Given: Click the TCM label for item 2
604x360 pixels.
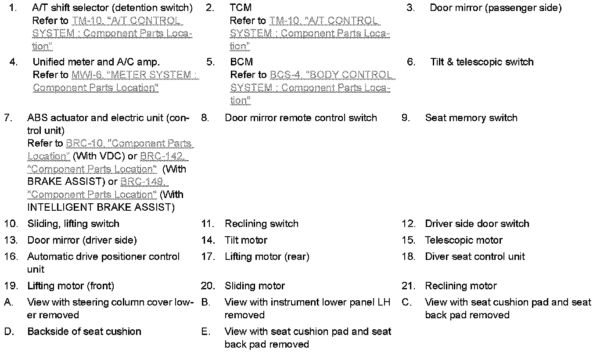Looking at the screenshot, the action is [241, 8].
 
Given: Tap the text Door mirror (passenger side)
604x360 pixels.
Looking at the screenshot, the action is [495, 8].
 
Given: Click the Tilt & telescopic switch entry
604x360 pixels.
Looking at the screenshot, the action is [482, 62].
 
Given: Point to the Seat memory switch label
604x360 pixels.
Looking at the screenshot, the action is [471, 118].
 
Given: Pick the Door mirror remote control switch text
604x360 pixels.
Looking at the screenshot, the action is [301, 118].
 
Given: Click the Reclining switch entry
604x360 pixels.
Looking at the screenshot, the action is [261, 223].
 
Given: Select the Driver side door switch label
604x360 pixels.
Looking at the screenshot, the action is [477, 223].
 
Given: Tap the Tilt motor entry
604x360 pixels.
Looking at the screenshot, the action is [245, 240].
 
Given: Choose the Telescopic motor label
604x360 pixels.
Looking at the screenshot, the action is [464, 240].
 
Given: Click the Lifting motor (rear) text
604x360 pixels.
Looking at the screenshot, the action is [267, 256].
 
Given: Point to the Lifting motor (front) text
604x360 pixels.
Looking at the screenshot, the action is [70, 286].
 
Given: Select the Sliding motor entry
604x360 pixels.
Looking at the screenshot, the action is [255, 286].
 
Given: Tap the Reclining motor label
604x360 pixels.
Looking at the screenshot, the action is [460, 286].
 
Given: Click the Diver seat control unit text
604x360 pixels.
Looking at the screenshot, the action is [475, 256].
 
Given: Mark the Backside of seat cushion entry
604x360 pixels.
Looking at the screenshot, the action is [84, 331].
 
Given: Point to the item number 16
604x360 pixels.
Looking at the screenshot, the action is [11, 256].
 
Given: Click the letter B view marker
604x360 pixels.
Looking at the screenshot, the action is [205, 302].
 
